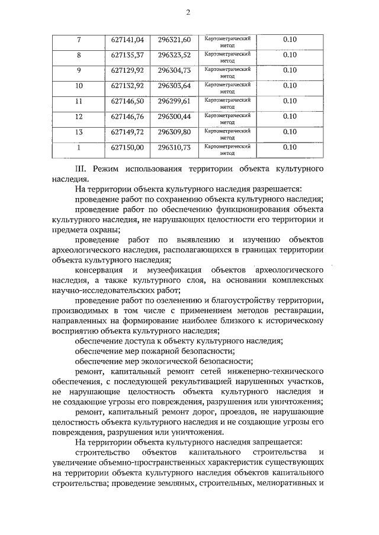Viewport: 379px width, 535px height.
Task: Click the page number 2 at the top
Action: coord(188,13)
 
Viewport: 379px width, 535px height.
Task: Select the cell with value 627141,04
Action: coord(127,40)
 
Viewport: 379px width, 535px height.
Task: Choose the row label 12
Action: coord(79,116)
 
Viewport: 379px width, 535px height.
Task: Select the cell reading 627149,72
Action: coord(127,132)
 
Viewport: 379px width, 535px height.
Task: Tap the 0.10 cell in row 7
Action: coord(290,40)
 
